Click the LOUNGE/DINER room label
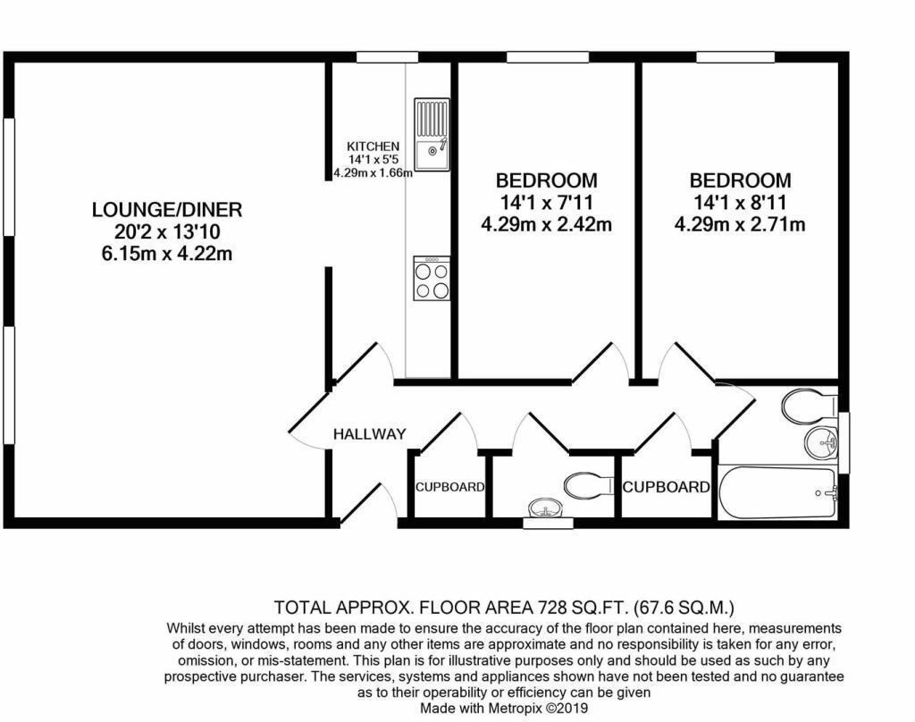pos(167,210)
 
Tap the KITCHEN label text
pos(373,147)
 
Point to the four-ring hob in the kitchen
pos(432,278)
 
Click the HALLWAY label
pos(369,434)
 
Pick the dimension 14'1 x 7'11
pos(546,203)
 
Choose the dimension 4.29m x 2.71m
pos(739,224)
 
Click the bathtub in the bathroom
pos(778,491)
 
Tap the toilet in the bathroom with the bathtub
pos(807,407)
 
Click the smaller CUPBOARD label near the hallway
pos(449,488)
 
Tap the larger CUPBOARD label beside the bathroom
pos(667,487)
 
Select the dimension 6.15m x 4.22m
pos(167,254)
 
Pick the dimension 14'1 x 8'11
pos(739,203)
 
